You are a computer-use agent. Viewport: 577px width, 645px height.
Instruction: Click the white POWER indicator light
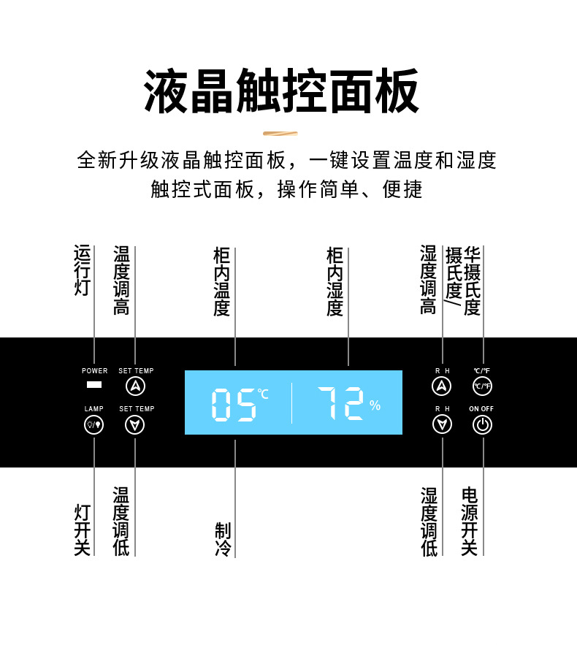(94, 385)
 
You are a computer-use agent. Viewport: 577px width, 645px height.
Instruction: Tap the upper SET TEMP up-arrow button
(135, 386)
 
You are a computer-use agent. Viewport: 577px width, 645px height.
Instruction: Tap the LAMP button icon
(94, 424)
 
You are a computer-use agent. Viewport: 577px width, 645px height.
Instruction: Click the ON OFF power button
(482, 424)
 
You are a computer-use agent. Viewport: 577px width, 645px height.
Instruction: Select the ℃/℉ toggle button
(482, 386)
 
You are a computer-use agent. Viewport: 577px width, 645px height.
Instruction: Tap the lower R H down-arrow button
(442, 424)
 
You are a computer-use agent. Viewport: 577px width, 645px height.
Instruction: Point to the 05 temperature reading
(234, 404)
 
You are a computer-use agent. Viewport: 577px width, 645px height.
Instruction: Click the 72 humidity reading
(340, 402)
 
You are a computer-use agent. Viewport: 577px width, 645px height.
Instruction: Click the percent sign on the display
(375, 405)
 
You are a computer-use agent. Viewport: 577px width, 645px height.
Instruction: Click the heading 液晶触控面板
(282, 91)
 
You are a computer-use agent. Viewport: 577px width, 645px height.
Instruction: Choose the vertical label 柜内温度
(222, 281)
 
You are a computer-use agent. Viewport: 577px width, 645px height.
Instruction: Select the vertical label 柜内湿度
(335, 281)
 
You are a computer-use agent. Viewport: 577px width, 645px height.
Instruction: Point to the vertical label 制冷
(223, 540)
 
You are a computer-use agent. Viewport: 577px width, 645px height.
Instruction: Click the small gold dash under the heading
(280, 134)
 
